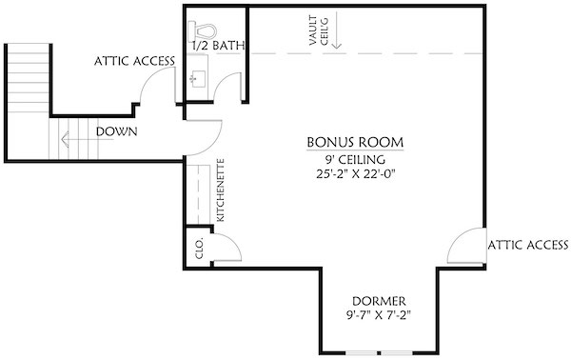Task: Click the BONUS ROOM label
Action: click(354, 142)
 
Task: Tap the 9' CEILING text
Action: click(354, 159)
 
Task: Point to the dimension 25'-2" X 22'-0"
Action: click(354, 175)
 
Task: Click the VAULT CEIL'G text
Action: click(318, 33)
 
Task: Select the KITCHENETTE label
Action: click(221, 189)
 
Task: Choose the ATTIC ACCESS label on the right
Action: click(527, 245)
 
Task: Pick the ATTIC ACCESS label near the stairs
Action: click(134, 62)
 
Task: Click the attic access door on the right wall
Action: click(466, 248)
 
